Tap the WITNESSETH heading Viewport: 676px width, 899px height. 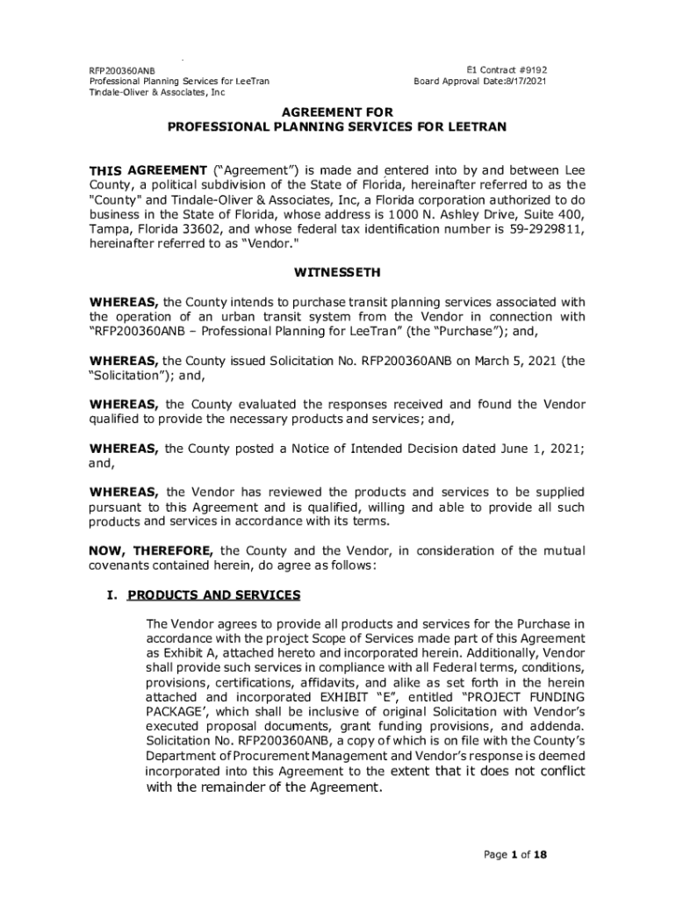click(x=337, y=273)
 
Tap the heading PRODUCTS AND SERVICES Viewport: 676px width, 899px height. click(x=214, y=595)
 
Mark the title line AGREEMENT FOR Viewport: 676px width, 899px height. click(x=337, y=112)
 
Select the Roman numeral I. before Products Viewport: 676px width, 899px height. click(x=111, y=595)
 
